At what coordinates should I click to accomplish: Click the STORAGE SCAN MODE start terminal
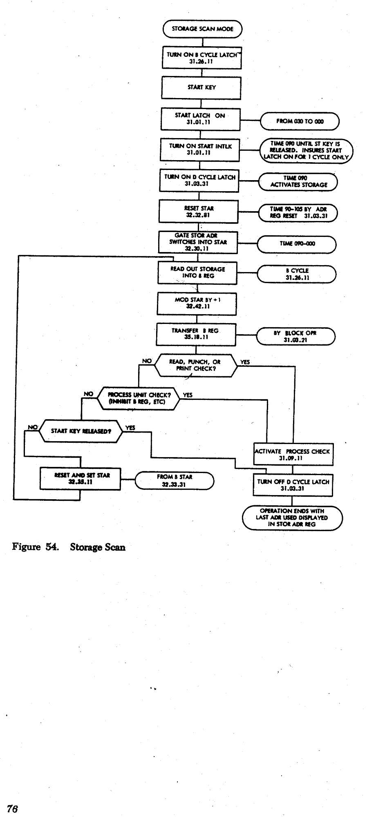pos(202,29)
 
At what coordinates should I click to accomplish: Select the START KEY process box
pos(201,87)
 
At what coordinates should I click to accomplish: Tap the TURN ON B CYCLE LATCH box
pos(202,58)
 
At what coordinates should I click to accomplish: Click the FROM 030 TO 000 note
pos(300,121)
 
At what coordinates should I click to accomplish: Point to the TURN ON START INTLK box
pos(199,150)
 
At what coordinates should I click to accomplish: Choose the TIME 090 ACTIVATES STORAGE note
pos(298,181)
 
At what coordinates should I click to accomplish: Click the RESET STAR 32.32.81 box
pos(199,212)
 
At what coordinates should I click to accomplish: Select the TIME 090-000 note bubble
pos(297,243)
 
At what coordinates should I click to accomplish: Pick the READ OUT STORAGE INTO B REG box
pos(197,272)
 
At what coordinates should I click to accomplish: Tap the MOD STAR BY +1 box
pos(197,303)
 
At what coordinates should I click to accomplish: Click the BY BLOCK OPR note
pos(295,336)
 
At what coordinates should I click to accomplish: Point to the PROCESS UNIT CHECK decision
pos(139,398)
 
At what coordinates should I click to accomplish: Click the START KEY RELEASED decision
pos(81,431)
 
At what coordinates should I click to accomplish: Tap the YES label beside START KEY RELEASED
pos(130,428)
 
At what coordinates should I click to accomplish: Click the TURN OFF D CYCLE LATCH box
pos(293,485)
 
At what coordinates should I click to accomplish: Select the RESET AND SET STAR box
pos(81,478)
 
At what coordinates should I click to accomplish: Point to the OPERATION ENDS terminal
pos(292,518)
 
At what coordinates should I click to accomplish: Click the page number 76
pos(12,808)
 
